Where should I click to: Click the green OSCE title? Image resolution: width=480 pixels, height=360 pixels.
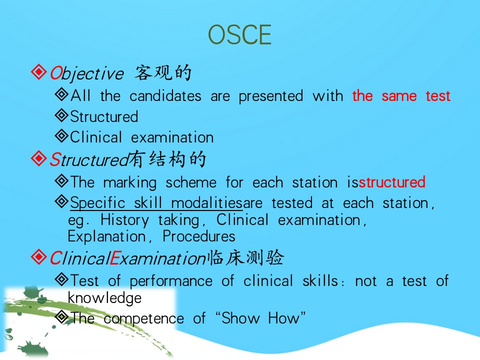(x=239, y=34)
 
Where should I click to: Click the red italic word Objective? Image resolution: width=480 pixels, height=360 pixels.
(x=86, y=73)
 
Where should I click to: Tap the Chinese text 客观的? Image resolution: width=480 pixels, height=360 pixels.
(x=163, y=72)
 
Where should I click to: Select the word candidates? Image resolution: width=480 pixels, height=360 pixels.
(x=165, y=96)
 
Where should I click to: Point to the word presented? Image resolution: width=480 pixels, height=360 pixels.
(x=271, y=96)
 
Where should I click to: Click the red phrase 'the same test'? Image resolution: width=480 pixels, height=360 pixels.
(x=401, y=96)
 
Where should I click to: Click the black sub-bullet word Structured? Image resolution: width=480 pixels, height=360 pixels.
(x=104, y=116)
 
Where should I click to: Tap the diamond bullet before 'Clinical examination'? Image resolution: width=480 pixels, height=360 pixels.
(x=62, y=135)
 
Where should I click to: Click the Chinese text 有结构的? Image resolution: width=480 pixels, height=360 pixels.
(x=167, y=159)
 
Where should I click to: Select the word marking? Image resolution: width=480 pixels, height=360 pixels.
(x=130, y=183)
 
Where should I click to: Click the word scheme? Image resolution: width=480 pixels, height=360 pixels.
(x=191, y=183)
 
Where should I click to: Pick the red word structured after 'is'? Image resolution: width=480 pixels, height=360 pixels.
(x=392, y=182)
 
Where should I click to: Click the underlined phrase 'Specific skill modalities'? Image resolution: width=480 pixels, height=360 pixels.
(x=156, y=203)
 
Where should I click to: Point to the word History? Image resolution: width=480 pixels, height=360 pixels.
(x=124, y=220)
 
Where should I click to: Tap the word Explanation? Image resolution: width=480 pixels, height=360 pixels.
(x=106, y=236)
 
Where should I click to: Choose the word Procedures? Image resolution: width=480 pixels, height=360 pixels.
(x=199, y=236)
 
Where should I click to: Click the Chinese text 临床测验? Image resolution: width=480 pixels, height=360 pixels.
(x=246, y=257)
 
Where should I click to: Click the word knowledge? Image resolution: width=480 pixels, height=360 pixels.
(x=104, y=298)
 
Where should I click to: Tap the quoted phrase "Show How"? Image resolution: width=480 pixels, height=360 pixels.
(x=260, y=318)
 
